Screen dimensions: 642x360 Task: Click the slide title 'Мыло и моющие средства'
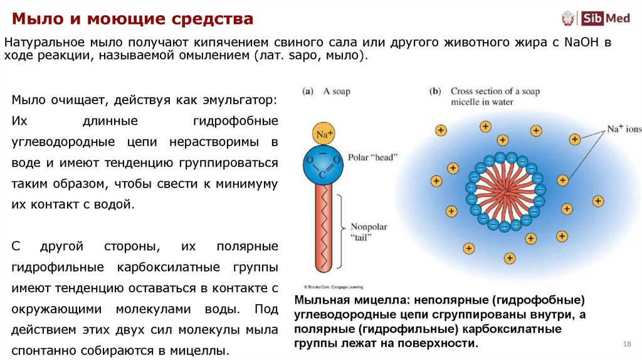pyautogui.click(x=132, y=19)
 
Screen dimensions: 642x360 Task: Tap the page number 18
pyautogui.click(x=626, y=344)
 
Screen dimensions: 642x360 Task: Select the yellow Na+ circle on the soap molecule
pyautogui.click(x=324, y=134)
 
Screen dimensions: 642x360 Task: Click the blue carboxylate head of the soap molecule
pyautogui.click(x=324, y=164)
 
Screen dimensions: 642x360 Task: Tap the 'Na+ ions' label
pyautogui.click(x=624, y=129)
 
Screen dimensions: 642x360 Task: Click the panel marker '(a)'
pyautogui.click(x=307, y=92)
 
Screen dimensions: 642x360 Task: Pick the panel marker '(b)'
pyautogui.click(x=435, y=92)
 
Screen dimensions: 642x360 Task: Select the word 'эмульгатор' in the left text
pyautogui.click(x=241, y=100)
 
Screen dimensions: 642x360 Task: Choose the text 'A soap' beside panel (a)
pyautogui.click(x=337, y=92)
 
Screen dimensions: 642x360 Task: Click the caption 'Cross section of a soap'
pyautogui.click(x=495, y=92)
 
